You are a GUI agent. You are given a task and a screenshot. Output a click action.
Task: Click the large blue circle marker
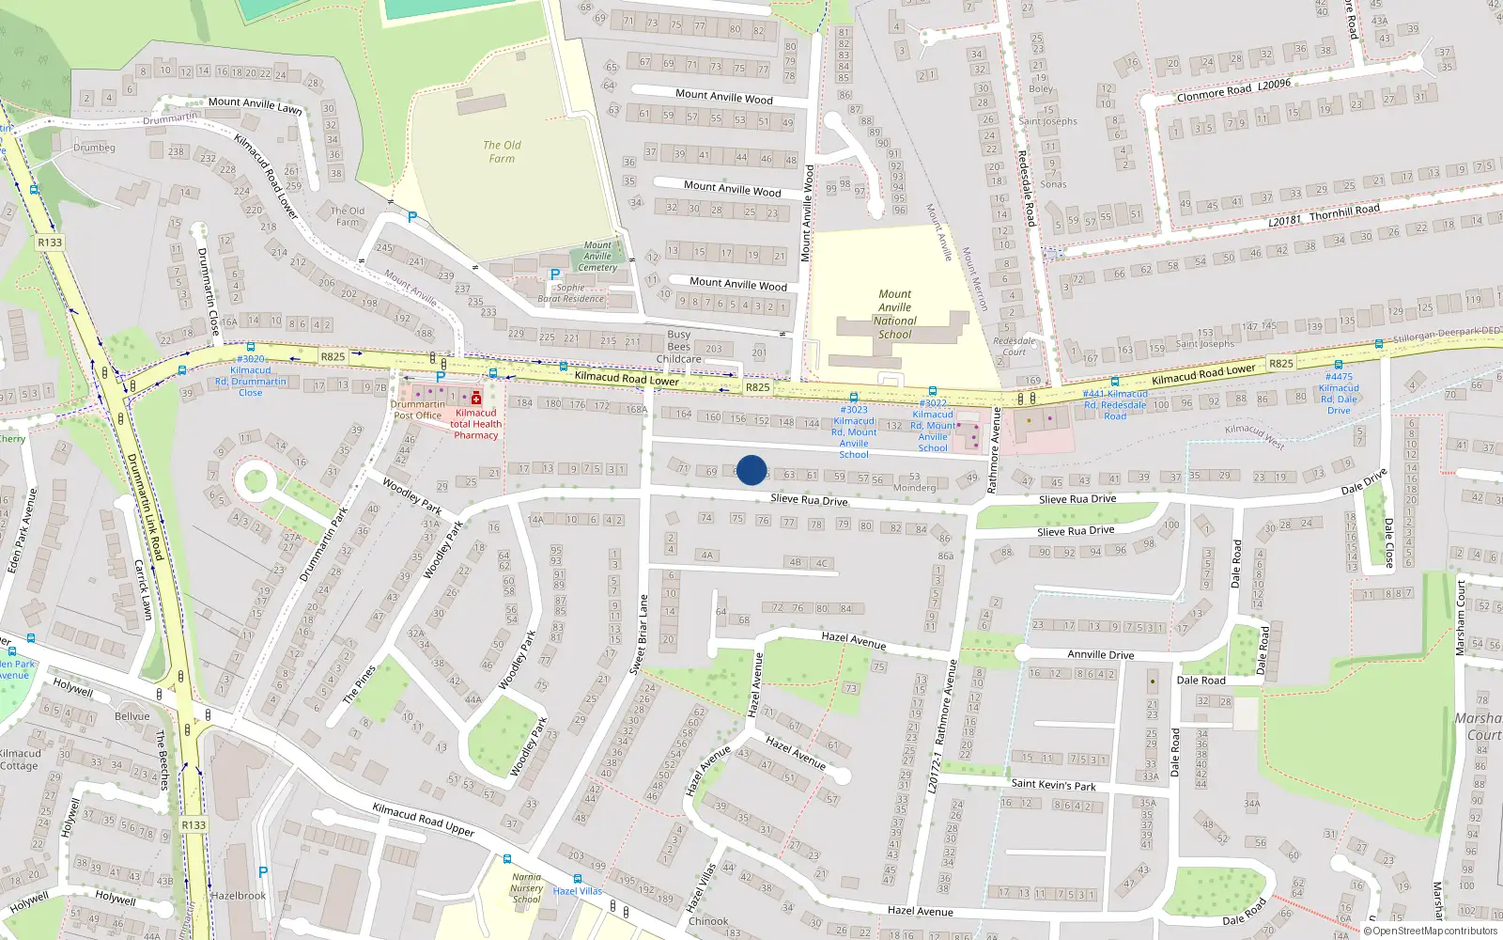(751, 470)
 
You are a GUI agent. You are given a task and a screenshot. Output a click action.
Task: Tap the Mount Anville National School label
(895, 314)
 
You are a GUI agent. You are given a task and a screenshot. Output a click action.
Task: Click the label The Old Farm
(502, 151)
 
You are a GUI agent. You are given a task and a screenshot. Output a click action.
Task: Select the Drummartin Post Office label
(418, 410)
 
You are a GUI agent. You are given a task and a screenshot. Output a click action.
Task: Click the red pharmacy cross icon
(476, 398)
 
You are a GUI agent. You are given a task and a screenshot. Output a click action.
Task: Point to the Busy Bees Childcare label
(679, 346)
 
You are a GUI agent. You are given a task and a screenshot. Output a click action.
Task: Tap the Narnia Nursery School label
(527, 887)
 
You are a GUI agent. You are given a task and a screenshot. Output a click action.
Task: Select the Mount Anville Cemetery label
(597, 256)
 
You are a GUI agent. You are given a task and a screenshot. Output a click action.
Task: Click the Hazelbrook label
(239, 896)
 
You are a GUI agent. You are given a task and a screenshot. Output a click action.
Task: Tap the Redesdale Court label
(1015, 346)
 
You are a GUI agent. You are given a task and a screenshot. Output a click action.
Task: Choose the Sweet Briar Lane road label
(639, 634)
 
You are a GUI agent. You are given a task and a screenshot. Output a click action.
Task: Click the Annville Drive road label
(1101, 654)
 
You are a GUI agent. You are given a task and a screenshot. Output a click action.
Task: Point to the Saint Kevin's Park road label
(1053, 784)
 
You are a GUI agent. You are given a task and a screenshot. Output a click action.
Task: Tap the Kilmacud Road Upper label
(424, 819)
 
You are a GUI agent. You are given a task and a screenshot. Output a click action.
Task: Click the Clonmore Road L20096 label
(1233, 90)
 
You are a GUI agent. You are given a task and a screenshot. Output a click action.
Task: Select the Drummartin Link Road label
(146, 508)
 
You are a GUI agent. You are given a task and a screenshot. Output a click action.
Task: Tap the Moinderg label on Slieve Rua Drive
(914, 488)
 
